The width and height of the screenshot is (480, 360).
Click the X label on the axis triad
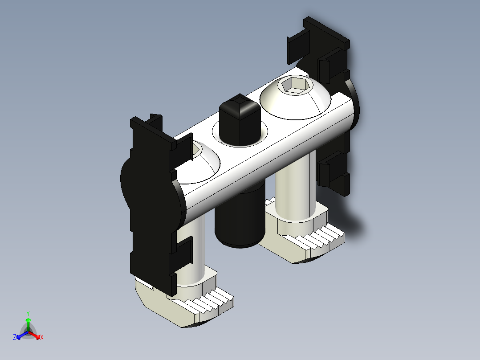[x=42, y=338]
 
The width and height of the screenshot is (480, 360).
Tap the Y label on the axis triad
[x=28, y=313]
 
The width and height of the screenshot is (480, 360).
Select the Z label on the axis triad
[x=15, y=338]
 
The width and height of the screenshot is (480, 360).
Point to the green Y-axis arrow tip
[x=28, y=320]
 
